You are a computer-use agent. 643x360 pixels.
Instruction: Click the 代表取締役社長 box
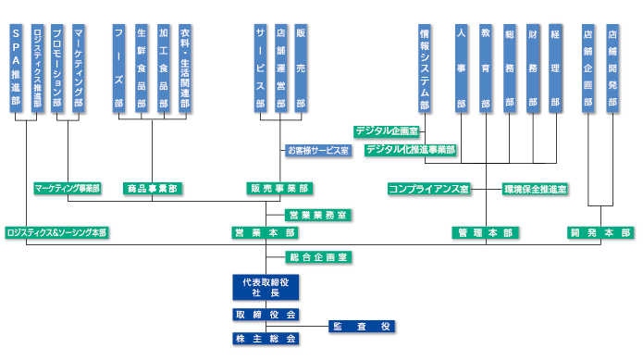point(266,287)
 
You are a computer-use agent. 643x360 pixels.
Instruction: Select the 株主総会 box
point(266,339)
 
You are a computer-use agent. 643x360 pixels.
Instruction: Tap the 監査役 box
point(362,327)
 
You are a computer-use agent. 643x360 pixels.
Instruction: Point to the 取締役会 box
point(266,315)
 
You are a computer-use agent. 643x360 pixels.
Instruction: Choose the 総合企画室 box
point(316,255)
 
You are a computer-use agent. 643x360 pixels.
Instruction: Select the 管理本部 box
point(486,233)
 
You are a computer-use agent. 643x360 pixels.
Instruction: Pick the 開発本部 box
point(600,233)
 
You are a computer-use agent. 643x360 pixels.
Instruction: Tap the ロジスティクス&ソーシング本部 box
point(56,233)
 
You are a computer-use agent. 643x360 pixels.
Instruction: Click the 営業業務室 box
point(316,215)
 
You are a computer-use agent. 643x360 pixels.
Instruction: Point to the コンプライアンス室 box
point(428,189)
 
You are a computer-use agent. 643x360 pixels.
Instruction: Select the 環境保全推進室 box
point(535,189)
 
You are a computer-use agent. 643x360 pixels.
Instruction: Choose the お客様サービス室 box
point(317,150)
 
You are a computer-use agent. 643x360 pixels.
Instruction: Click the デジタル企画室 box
point(387,130)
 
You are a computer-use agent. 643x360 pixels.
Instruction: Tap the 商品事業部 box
point(153,189)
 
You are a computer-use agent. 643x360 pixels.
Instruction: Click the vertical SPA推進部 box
point(16,69)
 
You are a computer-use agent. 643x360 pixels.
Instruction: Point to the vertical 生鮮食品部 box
point(141,69)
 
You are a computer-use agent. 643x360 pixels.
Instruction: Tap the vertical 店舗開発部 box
point(612,69)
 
